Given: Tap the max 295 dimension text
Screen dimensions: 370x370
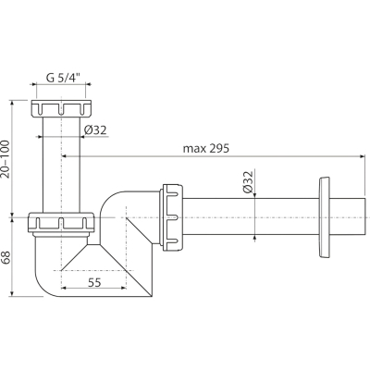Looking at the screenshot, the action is point(206,149).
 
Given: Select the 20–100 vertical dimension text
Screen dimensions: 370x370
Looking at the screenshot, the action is point(6,159).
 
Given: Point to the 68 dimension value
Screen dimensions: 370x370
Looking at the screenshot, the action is point(6,257).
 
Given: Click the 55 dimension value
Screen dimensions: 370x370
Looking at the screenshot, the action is point(94,282).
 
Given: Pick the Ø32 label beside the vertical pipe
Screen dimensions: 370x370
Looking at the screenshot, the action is point(95,130).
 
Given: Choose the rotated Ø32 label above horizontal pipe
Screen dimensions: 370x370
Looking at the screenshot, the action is point(248,181).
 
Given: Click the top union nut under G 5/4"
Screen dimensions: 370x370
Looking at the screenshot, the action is point(61,108).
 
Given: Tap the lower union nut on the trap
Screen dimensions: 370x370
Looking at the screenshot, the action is point(61,222).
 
